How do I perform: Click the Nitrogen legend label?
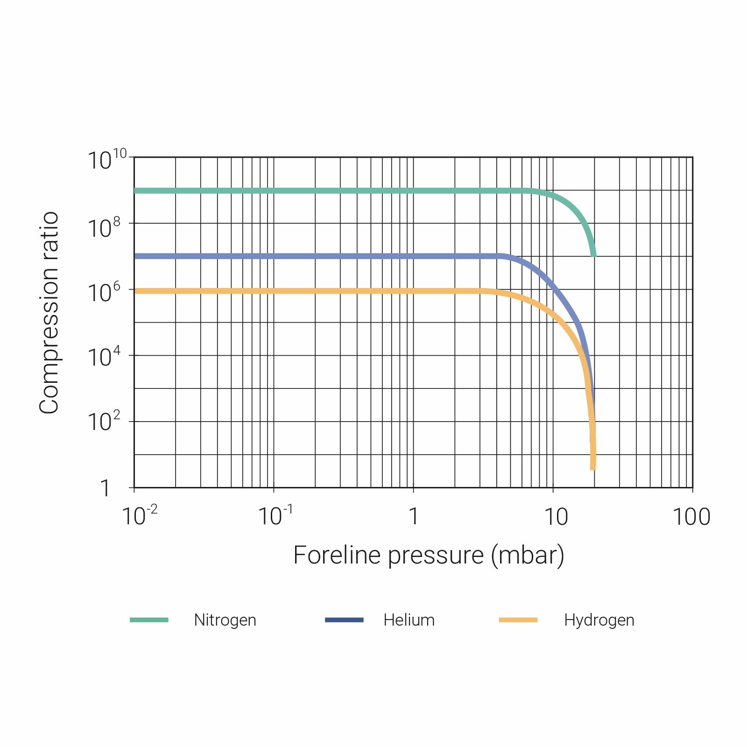click(225, 620)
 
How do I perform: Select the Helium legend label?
click(409, 620)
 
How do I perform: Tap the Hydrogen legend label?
click(599, 620)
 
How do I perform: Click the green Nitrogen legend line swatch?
click(149, 620)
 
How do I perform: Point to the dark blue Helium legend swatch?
click(344, 620)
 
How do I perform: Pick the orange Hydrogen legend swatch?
click(518, 620)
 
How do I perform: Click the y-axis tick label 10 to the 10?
click(107, 160)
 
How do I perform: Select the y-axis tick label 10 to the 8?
click(104, 228)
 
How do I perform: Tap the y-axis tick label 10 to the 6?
click(104, 293)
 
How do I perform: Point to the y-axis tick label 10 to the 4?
click(104, 357)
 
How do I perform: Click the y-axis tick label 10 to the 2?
click(104, 422)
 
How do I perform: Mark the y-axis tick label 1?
click(105, 488)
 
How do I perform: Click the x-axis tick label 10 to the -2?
click(139, 516)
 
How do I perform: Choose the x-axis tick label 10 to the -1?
click(275, 516)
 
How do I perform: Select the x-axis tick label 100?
click(691, 517)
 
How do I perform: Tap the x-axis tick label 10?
click(556, 517)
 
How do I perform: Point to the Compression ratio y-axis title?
click(49, 313)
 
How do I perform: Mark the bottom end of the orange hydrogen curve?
click(593, 468)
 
